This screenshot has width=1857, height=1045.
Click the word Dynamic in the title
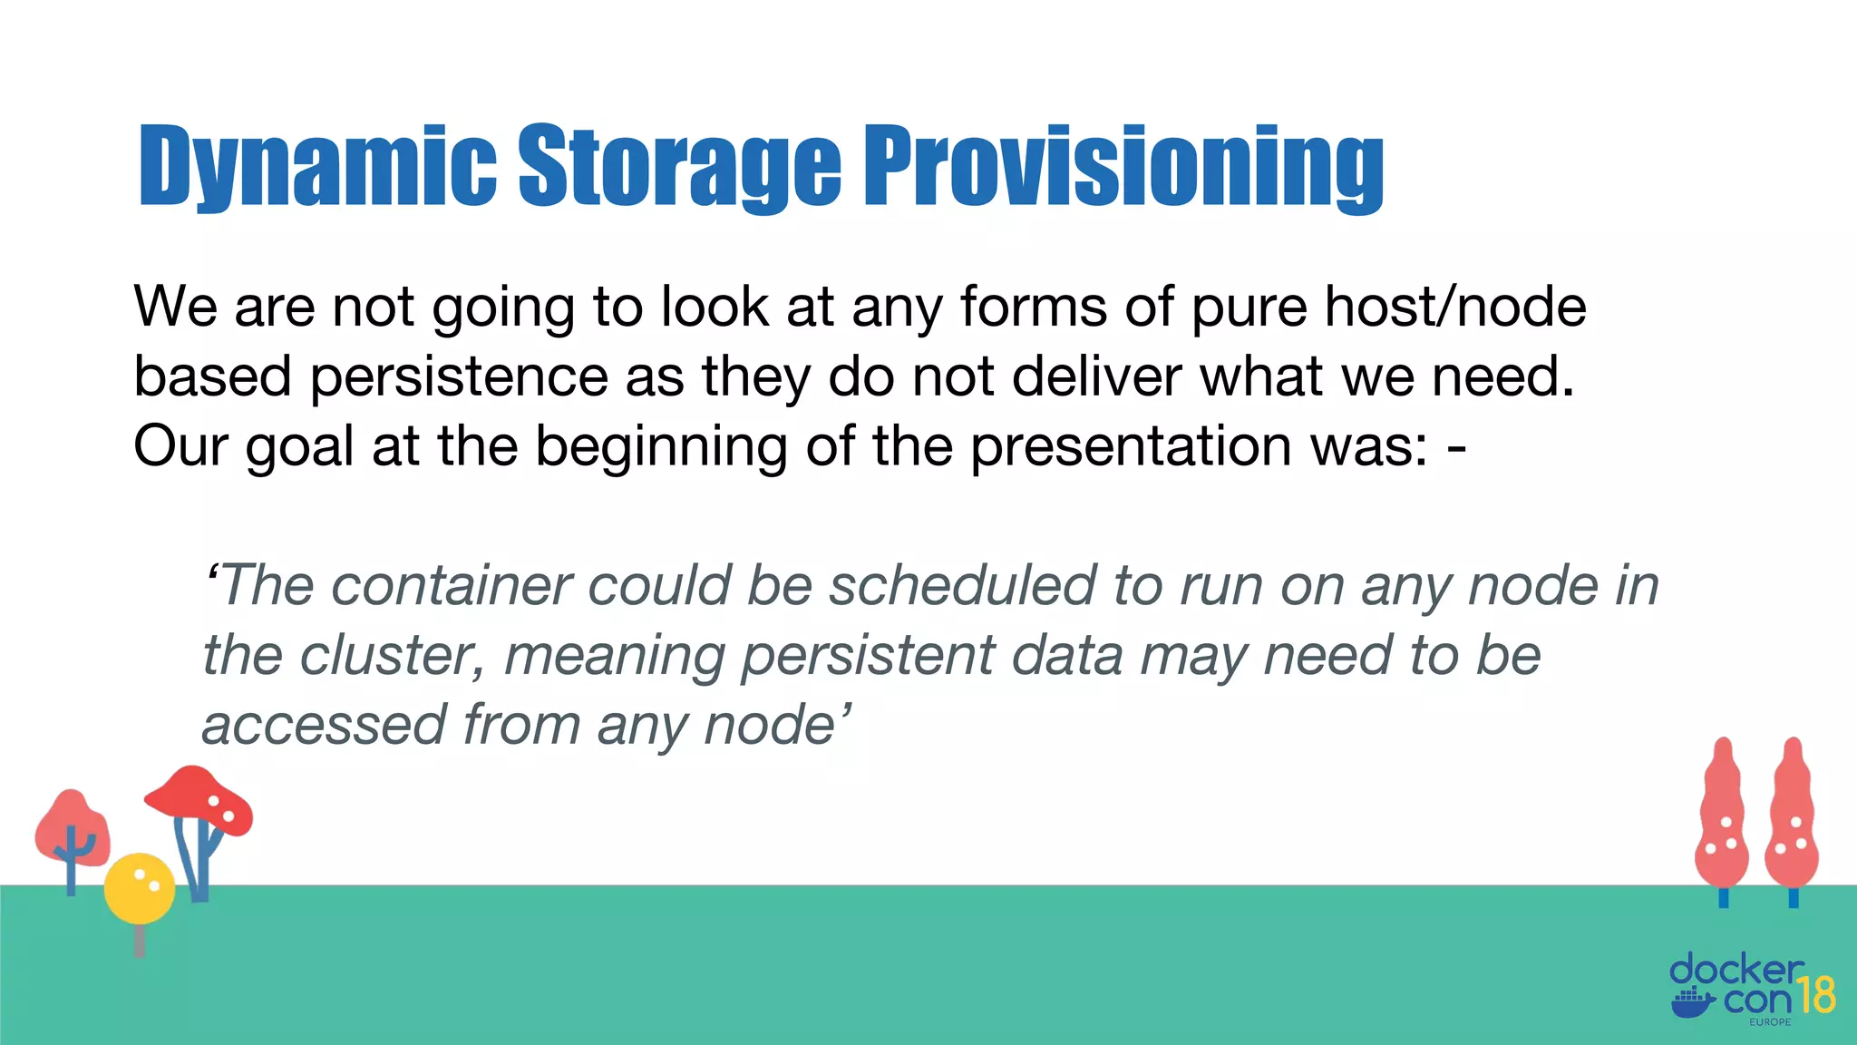pos(316,166)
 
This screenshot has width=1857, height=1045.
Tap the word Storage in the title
pos(679,166)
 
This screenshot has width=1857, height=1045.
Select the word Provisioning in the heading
pos(1123,166)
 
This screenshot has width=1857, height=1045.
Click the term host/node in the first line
pos(1455,307)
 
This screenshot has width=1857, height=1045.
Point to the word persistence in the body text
pos(459,376)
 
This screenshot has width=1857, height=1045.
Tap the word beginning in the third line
pos(661,446)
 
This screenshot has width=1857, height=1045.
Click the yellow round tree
pos(139,888)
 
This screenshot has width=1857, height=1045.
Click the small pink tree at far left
pos(72,828)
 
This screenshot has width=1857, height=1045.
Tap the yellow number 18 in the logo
pos(1816,995)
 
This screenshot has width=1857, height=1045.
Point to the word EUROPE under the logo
pos(1770,1022)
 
